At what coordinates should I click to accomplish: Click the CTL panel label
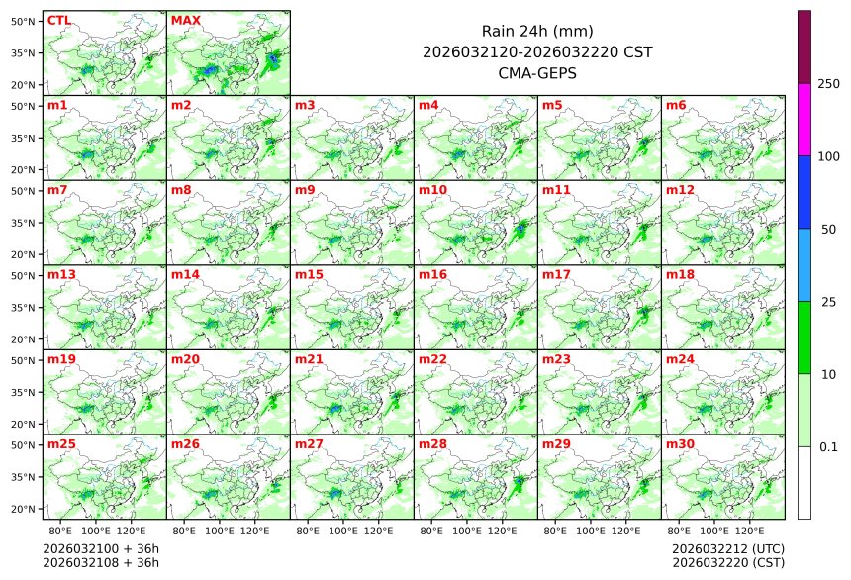(59, 20)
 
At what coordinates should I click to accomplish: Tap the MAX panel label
(185, 20)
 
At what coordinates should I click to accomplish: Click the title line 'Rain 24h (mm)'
(537, 31)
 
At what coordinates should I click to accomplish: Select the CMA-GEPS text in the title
(537, 72)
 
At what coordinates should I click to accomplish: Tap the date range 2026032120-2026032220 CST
(537, 51)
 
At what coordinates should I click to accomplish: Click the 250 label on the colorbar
(828, 84)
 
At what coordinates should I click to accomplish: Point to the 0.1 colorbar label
(828, 447)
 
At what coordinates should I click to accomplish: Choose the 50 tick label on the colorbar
(828, 230)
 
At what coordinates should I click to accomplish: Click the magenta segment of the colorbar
(804, 119)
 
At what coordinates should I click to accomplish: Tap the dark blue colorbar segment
(804, 192)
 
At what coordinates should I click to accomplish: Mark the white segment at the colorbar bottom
(804, 482)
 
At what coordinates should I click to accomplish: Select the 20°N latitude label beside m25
(24, 509)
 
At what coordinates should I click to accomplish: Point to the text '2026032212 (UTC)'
(727, 548)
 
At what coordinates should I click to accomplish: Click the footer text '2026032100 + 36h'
(101, 548)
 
